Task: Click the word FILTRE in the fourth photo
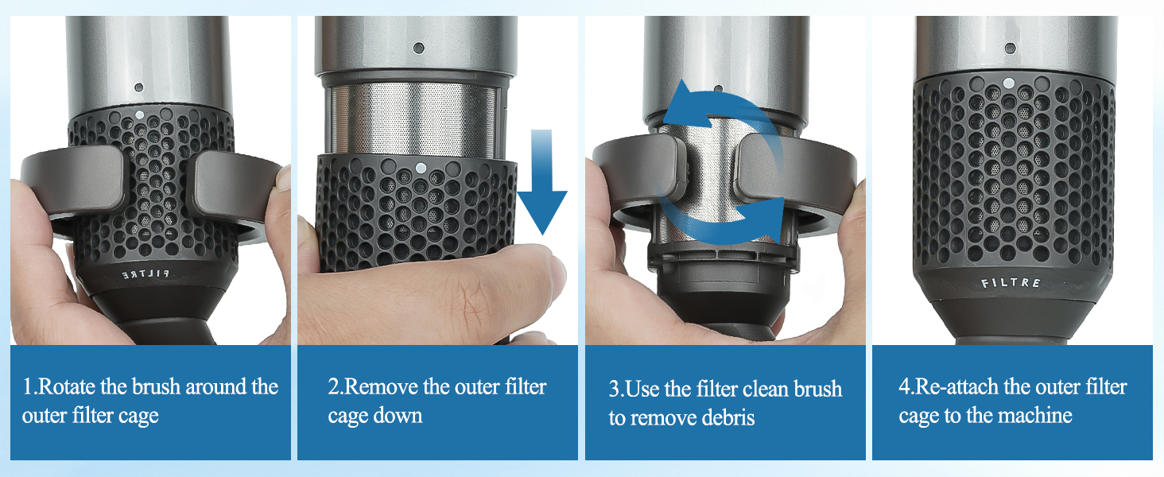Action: pos(1011,283)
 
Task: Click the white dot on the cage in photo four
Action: pos(1009,82)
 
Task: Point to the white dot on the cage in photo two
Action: pos(419,169)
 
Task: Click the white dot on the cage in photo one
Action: pos(139,115)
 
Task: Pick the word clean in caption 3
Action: pos(768,390)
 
